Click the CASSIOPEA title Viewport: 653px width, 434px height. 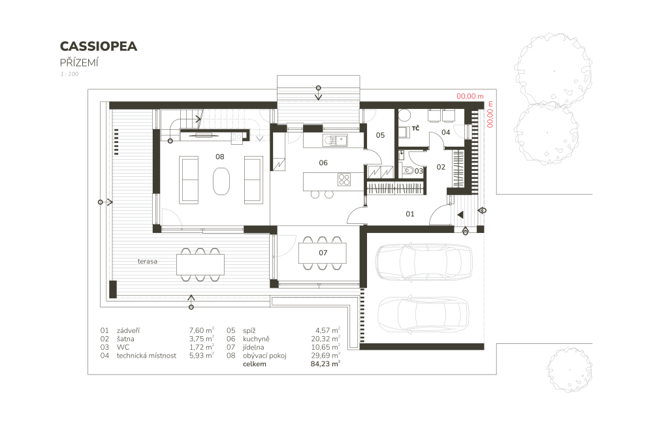[x=99, y=46]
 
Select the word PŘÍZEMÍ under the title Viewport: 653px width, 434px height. [x=79, y=63]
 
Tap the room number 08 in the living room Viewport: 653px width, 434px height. [x=220, y=157]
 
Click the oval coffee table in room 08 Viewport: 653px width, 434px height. [x=221, y=181]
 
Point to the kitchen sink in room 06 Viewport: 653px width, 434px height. [x=335, y=140]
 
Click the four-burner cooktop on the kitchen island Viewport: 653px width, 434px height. [x=344, y=179]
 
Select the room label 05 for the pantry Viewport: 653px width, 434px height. [x=380, y=135]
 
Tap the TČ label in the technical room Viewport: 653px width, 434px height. [x=415, y=128]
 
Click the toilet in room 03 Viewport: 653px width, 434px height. [x=407, y=170]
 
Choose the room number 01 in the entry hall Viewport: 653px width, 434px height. [x=410, y=214]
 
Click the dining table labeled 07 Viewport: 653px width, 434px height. [x=323, y=253]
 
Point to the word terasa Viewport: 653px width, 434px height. [x=148, y=261]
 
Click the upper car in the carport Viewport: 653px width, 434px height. [x=424, y=262]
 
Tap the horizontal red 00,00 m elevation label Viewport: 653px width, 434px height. [x=470, y=96]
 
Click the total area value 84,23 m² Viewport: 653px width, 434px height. [x=325, y=364]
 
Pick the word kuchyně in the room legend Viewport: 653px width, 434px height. [x=256, y=339]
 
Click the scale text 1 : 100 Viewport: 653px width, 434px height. [x=69, y=74]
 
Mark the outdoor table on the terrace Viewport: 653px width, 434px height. [x=200, y=264]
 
